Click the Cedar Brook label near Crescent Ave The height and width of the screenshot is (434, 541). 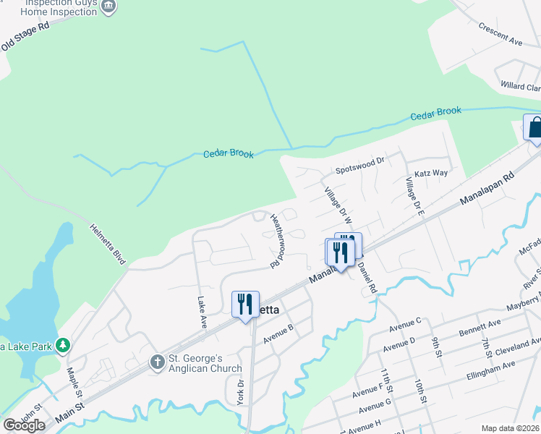[435, 114]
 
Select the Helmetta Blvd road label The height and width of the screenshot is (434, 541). [108, 242]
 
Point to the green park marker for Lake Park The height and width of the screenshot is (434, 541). [64, 346]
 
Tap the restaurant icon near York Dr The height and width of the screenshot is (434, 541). [245, 304]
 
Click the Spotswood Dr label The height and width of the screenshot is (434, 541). [362, 170]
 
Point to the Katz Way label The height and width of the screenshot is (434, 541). [431, 173]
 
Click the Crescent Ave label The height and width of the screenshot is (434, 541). [500, 34]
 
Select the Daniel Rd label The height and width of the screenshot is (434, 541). [367, 277]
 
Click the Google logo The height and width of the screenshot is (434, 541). [24, 425]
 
